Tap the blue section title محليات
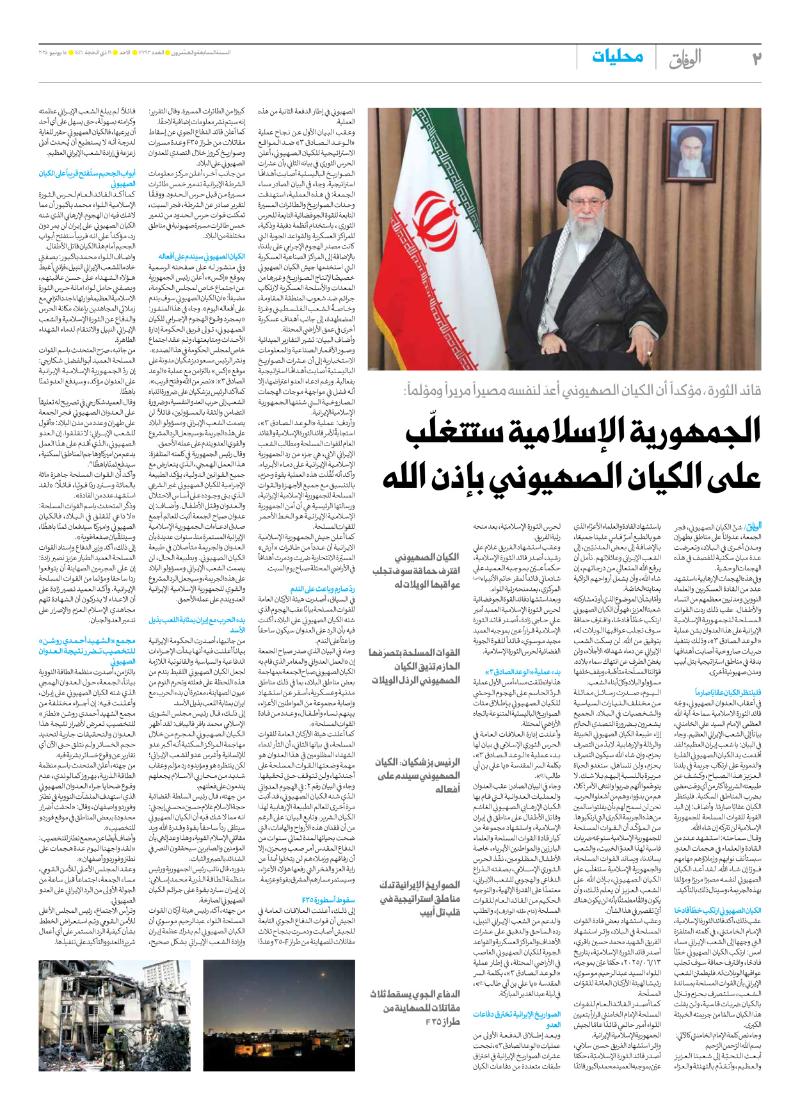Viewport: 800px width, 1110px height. tap(618, 57)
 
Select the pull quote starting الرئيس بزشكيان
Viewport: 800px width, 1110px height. tap(419, 775)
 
